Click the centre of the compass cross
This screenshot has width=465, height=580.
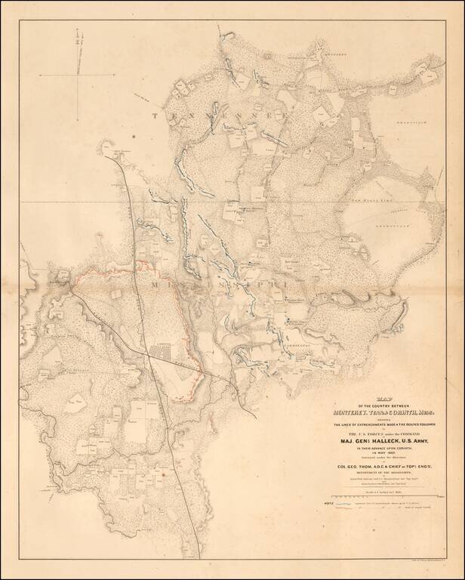(79, 74)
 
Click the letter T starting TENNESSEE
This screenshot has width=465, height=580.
(157, 116)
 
